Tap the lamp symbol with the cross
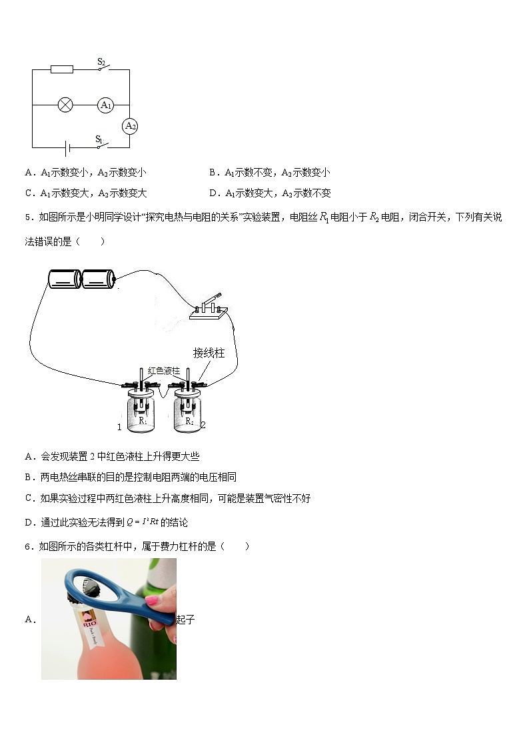(65, 105)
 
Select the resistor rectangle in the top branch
(62, 69)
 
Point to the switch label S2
(101, 61)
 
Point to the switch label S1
(99, 139)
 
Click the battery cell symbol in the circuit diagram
(65, 147)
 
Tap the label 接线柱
(209, 353)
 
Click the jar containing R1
(142, 415)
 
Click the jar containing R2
(189, 415)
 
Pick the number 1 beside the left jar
(119, 427)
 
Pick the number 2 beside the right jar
(203, 425)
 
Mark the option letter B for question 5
(29, 477)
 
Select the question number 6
(28, 546)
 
